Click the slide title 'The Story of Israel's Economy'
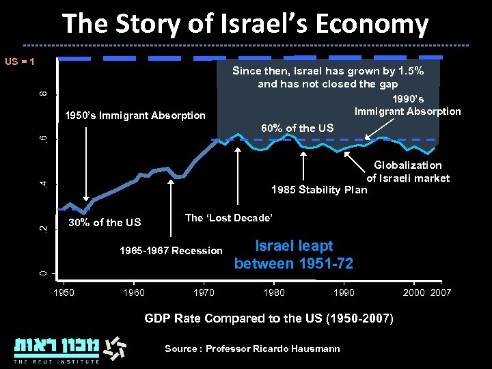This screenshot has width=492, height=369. [245, 24]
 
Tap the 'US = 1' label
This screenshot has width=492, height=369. [20, 62]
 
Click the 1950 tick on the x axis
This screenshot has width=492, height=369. [64, 292]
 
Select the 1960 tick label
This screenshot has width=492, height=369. [133, 292]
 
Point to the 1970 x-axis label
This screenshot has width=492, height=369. [204, 292]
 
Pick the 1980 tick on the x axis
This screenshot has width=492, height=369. [273, 292]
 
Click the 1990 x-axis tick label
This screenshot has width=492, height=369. [344, 292]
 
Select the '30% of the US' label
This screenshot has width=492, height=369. [105, 222]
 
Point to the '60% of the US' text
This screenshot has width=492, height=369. [298, 128]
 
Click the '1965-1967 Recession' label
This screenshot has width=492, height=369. [171, 251]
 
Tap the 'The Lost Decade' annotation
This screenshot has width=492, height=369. [229, 217]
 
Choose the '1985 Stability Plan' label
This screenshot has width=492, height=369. [318, 189]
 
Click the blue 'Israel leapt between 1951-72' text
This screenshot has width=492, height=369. [293, 254]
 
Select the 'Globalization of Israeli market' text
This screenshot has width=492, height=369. [407, 172]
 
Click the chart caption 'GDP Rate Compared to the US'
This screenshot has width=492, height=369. [269, 318]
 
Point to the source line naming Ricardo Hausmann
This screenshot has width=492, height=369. [252, 348]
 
